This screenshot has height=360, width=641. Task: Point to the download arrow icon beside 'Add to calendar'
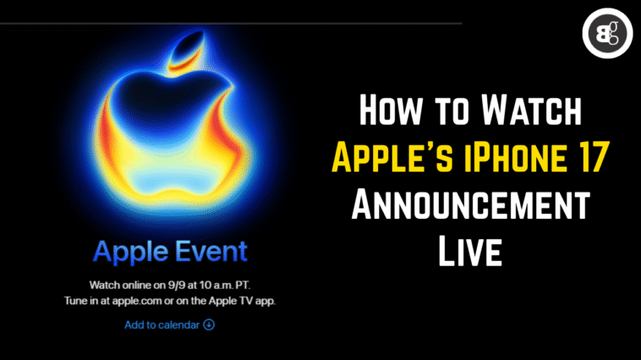[x=209, y=324]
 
